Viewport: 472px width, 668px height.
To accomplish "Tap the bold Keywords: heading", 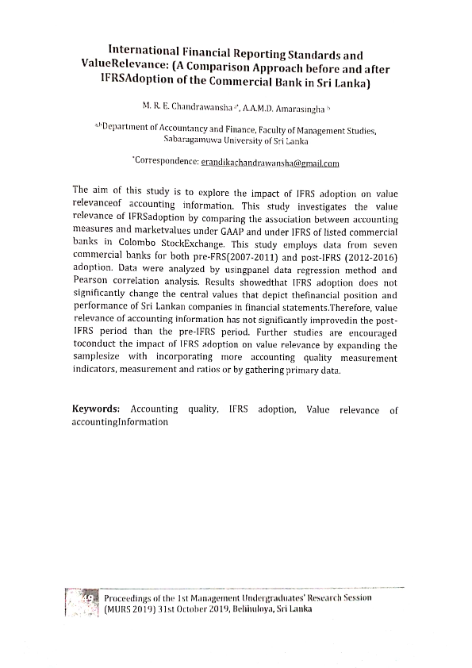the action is [x=96, y=409].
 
